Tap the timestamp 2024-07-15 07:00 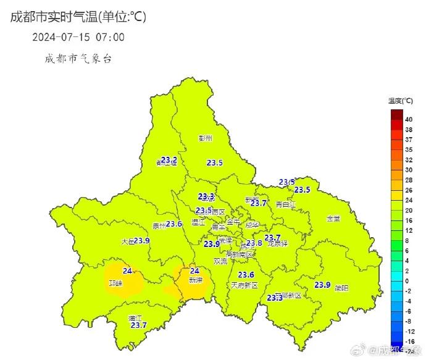pyautogui.click(x=78, y=37)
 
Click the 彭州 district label pyautogui.click(x=205, y=138)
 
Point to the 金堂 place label pyautogui.click(x=333, y=219)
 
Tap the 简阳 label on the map pyautogui.click(x=341, y=288)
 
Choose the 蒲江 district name pyautogui.click(x=135, y=318)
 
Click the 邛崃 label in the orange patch pyautogui.click(x=116, y=283)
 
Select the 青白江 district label pyautogui.click(x=286, y=204)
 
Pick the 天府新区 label pyautogui.click(x=244, y=285)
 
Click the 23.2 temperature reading pyautogui.click(x=169, y=160)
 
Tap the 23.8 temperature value pyautogui.click(x=254, y=243)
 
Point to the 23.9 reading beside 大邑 pyautogui.click(x=142, y=240)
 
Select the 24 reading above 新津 pyautogui.click(x=194, y=270)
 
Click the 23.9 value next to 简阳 pyautogui.click(x=323, y=285)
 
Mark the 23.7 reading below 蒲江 pyautogui.click(x=138, y=325)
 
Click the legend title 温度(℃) pyautogui.click(x=401, y=101)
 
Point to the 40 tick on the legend pyautogui.click(x=409, y=119)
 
